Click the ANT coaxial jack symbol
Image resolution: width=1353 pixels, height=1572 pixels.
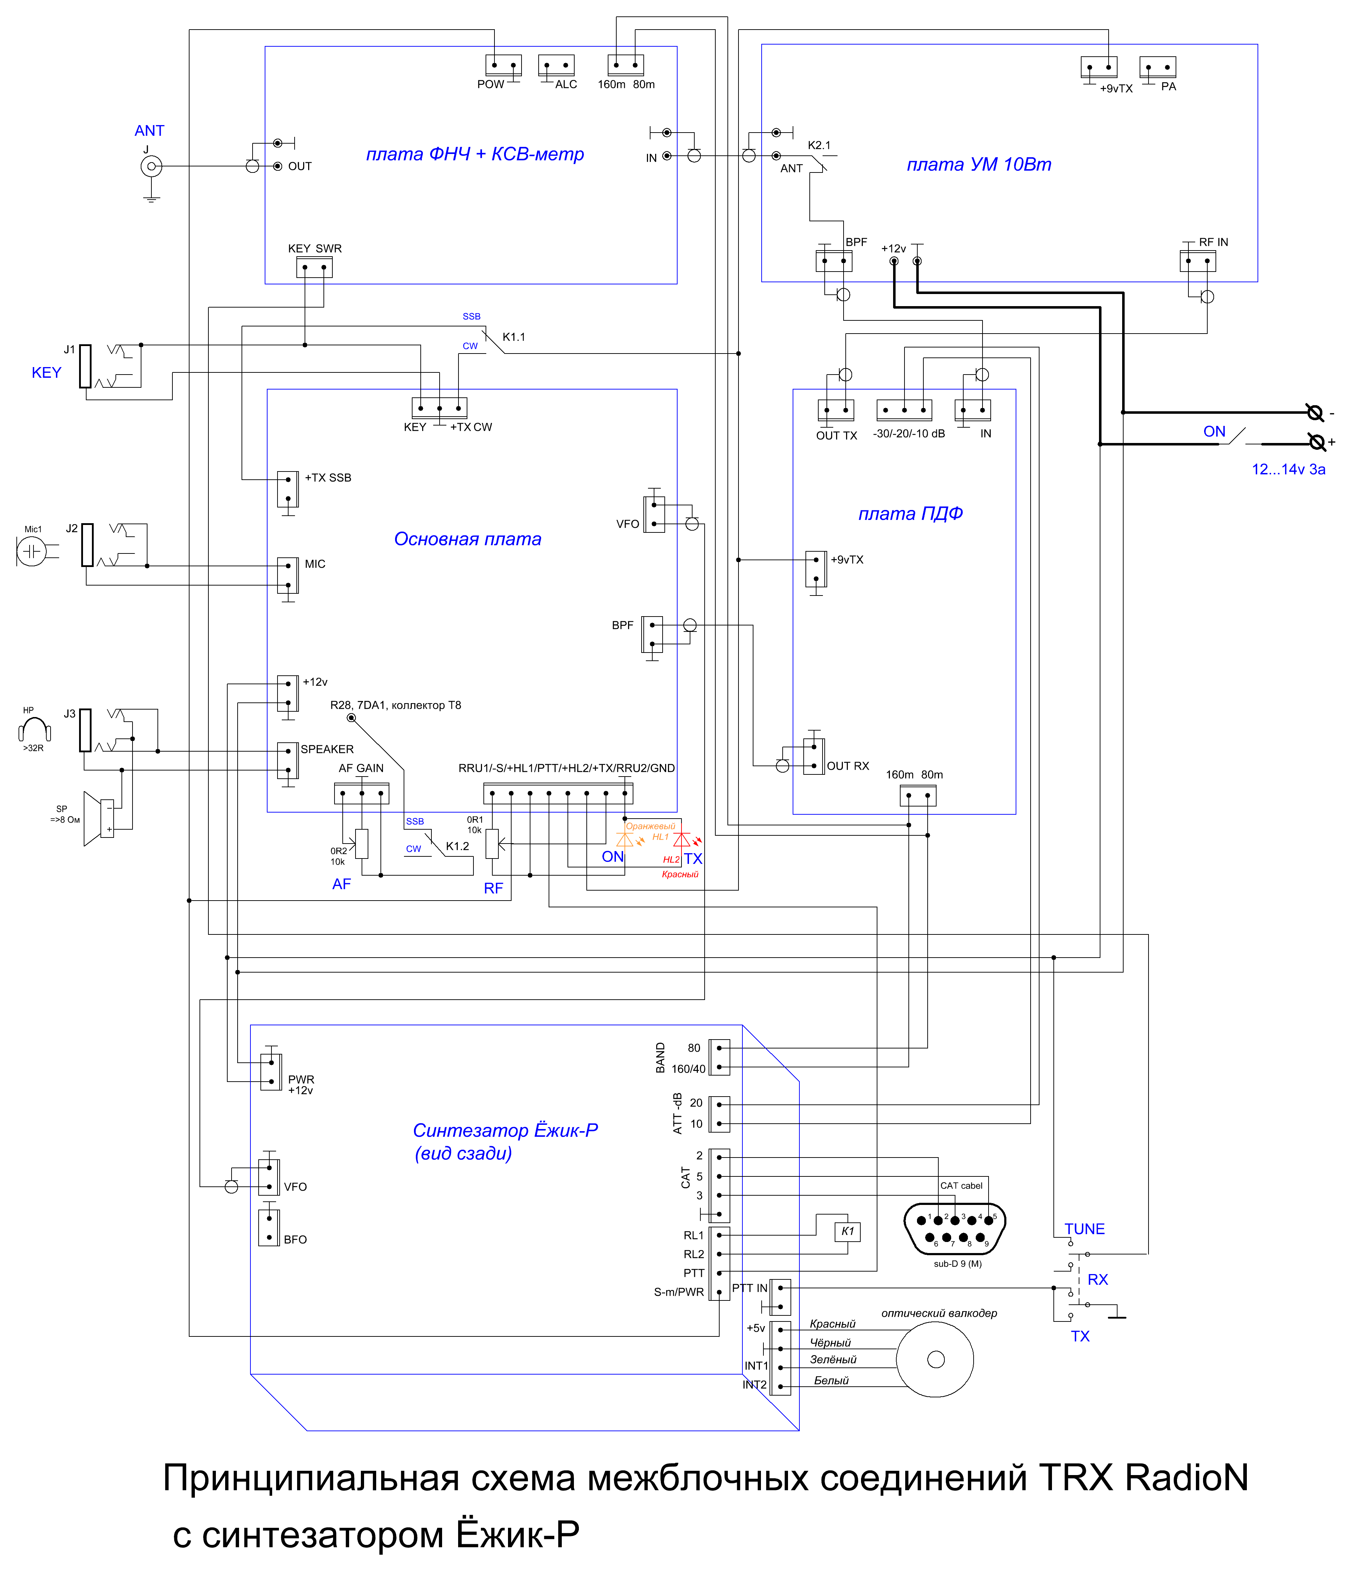point(152,166)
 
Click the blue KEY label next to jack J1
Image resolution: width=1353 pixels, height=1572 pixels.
point(46,372)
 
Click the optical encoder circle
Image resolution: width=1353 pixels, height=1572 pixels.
point(935,1359)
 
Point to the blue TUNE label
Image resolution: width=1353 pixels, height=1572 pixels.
point(1084,1229)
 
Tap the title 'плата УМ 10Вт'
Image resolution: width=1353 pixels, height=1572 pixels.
point(979,165)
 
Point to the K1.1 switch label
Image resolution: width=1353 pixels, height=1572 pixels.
point(514,337)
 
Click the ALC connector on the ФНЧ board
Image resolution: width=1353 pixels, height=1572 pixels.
point(557,65)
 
